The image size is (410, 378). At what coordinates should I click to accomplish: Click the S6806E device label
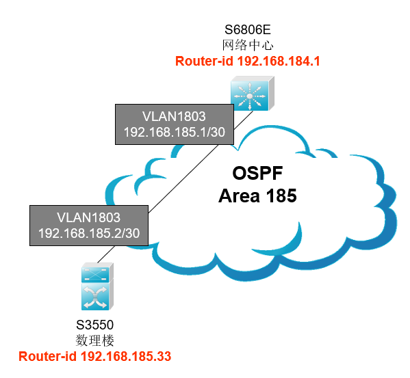tap(247, 29)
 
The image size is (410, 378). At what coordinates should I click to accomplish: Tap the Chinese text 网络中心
tap(248, 45)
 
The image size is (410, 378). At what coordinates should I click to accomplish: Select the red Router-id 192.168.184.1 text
tap(248, 61)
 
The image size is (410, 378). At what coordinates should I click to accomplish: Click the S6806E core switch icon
tap(253, 94)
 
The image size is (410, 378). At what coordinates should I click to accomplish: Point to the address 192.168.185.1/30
tap(175, 132)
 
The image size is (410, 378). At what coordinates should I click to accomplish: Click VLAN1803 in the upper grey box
tap(174, 116)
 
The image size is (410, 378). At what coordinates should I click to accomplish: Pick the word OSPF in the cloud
tap(257, 173)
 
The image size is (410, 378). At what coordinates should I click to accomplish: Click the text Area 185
tap(257, 195)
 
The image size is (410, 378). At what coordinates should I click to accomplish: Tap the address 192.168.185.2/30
tap(89, 233)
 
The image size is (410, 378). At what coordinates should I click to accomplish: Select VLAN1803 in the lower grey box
tap(89, 217)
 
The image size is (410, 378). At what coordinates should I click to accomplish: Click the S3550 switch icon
tap(97, 286)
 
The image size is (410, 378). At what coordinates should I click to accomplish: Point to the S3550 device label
tap(94, 325)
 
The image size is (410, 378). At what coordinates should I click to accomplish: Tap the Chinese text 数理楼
tap(94, 340)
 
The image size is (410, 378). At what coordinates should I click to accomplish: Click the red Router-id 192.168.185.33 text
tap(95, 357)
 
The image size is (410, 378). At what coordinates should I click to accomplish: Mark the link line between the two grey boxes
tap(183, 179)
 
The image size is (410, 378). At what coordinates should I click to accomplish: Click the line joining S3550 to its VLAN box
tap(106, 254)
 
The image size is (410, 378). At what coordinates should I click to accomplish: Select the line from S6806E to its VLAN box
tap(244, 120)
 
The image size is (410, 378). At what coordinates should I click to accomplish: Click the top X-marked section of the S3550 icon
tap(95, 275)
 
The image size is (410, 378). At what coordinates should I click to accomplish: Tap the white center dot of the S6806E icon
tap(250, 96)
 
